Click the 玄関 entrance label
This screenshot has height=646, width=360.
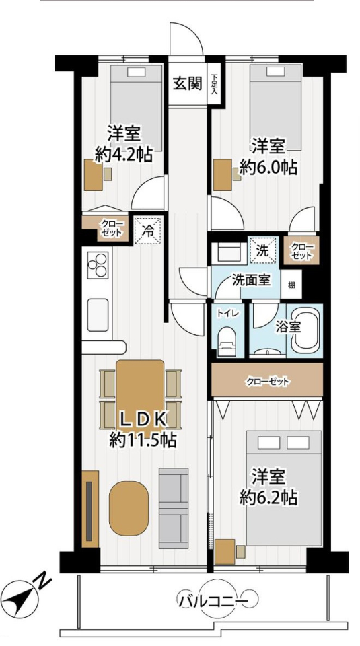pos(188,84)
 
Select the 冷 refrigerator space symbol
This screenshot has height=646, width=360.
pos(147,231)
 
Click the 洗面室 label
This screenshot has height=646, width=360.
pos(251,281)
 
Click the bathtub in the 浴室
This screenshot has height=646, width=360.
pos(305,332)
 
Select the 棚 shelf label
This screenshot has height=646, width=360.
pos(291,285)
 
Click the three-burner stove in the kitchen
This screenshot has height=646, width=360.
pos(97,264)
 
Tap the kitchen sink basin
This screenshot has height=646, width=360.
pos(98,315)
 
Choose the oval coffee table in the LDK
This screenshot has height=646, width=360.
pos(129,509)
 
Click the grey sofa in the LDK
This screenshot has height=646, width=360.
pos(174,508)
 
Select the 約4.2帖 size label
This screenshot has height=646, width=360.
pos(124,155)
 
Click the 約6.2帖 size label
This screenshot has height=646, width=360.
pos(268,497)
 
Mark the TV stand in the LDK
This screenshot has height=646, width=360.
pos(90,509)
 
